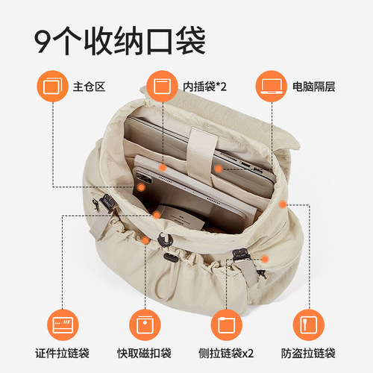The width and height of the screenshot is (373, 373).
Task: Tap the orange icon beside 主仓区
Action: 53,85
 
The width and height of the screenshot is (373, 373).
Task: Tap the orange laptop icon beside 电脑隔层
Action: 270,85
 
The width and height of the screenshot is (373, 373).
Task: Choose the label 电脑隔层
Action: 315,86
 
